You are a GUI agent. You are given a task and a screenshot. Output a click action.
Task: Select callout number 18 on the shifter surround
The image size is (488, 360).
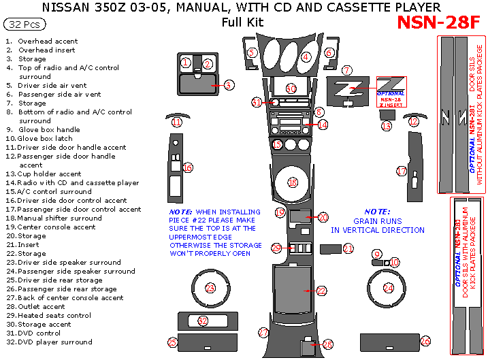(293, 182)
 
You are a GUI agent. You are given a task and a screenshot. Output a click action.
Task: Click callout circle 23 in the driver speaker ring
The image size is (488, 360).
(210, 288)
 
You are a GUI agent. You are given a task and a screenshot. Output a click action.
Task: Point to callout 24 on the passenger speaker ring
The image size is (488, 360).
(388, 288)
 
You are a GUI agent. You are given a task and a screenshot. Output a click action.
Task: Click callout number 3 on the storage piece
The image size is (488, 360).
(229, 85)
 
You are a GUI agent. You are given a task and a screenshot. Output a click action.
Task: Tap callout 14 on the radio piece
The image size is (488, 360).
(322, 125)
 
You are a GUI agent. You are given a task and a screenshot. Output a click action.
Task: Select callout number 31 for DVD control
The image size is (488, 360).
(257, 102)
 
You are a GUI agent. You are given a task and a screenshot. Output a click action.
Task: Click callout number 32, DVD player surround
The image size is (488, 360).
(202, 321)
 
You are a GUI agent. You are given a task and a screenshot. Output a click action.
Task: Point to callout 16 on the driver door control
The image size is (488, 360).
(187, 167)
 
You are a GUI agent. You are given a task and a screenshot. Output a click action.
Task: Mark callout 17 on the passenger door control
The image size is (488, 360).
(402, 171)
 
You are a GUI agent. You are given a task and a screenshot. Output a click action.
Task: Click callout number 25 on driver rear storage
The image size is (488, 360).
(172, 342)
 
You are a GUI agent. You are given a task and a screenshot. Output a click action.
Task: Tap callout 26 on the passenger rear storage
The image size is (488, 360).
(425, 341)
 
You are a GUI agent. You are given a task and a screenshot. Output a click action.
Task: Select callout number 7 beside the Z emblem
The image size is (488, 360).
(346, 70)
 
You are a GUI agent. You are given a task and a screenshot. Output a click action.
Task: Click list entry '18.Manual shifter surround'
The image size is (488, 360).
(54, 218)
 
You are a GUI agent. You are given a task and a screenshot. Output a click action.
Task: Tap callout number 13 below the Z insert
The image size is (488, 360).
(387, 126)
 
